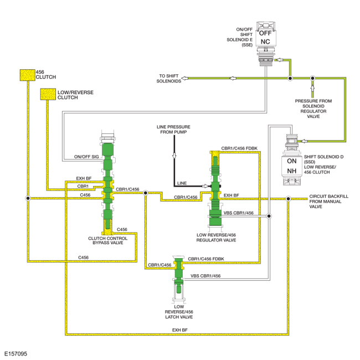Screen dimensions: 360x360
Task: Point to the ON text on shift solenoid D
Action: pos(292,161)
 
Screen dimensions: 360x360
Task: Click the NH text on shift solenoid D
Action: pos(292,171)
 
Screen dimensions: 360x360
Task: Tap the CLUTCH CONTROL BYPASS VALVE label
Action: pos(108,241)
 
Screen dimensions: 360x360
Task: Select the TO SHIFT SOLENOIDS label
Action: pos(169,79)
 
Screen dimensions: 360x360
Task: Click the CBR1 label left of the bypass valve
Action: pos(83,186)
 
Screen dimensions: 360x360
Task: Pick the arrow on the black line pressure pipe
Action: pos(174,156)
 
